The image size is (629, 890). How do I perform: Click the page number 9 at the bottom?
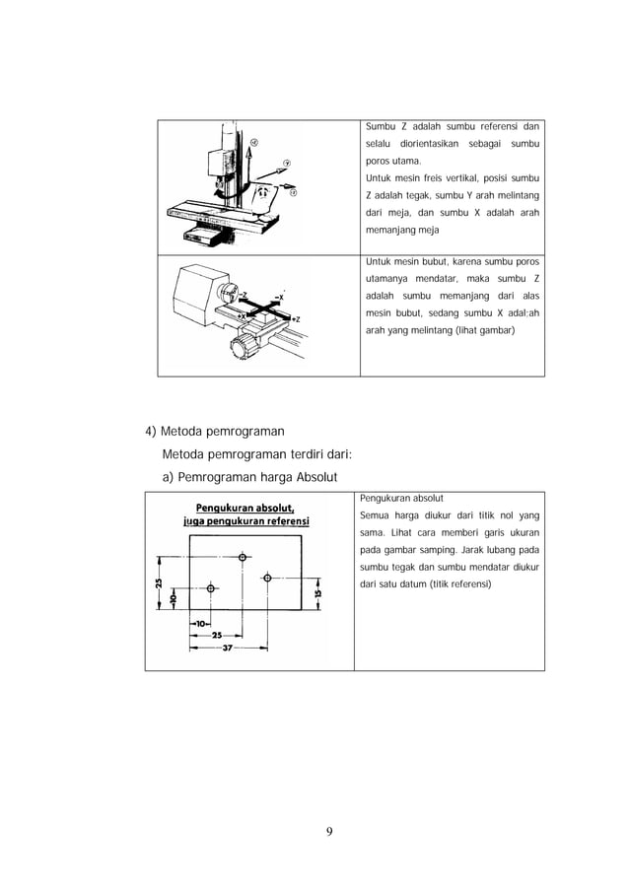[x=330, y=830]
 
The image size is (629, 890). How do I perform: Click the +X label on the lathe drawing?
[x=239, y=315]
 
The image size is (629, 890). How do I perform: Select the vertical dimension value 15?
[x=317, y=593]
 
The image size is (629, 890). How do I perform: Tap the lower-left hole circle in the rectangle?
[x=210, y=588]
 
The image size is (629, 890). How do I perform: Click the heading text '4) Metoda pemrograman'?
[x=214, y=431]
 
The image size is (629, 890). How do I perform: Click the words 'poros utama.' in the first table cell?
[x=392, y=161]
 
